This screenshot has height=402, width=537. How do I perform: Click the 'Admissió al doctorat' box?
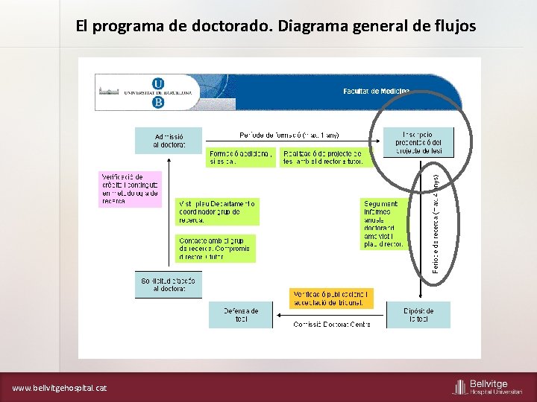(169, 140)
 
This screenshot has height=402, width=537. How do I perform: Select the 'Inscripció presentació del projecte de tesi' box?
(417, 141)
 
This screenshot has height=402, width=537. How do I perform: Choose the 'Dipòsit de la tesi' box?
(418, 315)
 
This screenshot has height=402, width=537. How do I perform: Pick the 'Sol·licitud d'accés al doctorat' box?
(169, 284)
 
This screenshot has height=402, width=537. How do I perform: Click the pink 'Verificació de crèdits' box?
(129, 189)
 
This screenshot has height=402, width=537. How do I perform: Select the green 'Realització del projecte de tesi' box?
(323, 157)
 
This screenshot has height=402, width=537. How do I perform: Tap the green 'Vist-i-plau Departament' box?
(217, 211)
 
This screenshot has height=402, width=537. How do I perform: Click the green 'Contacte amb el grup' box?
(216, 249)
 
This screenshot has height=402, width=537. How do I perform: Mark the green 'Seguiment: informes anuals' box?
(383, 223)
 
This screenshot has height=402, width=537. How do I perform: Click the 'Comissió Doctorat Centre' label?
(331, 324)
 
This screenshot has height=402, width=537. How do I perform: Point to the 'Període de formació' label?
(289, 135)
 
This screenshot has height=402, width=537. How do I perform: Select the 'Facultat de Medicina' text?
(376, 91)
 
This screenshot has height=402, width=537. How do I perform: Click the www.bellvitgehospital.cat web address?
(60, 388)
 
